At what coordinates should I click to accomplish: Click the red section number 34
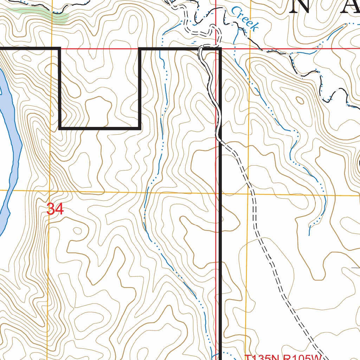(x=55, y=209)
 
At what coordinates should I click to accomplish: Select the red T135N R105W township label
(x=283, y=357)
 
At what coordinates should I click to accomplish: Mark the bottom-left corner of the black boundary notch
(x=60, y=128)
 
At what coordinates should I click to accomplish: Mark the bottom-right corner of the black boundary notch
(x=140, y=128)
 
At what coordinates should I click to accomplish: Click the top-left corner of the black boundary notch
(x=60, y=48)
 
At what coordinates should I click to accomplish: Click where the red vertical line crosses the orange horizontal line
(x=216, y=193)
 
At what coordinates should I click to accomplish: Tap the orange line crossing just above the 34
(x=49, y=191)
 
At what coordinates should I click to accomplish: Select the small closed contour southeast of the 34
(x=76, y=231)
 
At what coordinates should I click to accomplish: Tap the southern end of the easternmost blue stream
(x=309, y=235)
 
